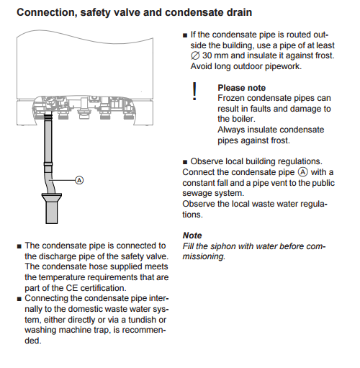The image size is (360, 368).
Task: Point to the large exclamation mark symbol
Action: click(x=194, y=93)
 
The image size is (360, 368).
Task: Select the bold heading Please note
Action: click(x=242, y=88)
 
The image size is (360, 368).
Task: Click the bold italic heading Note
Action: click(x=192, y=235)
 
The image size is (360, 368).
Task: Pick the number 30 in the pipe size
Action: click(x=210, y=56)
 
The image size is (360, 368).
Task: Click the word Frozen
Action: click(x=232, y=98)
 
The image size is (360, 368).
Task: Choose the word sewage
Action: click(x=199, y=193)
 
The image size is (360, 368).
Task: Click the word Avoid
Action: click(x=204, y=68)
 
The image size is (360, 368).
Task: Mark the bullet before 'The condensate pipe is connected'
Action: click(x=19, y=246)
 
